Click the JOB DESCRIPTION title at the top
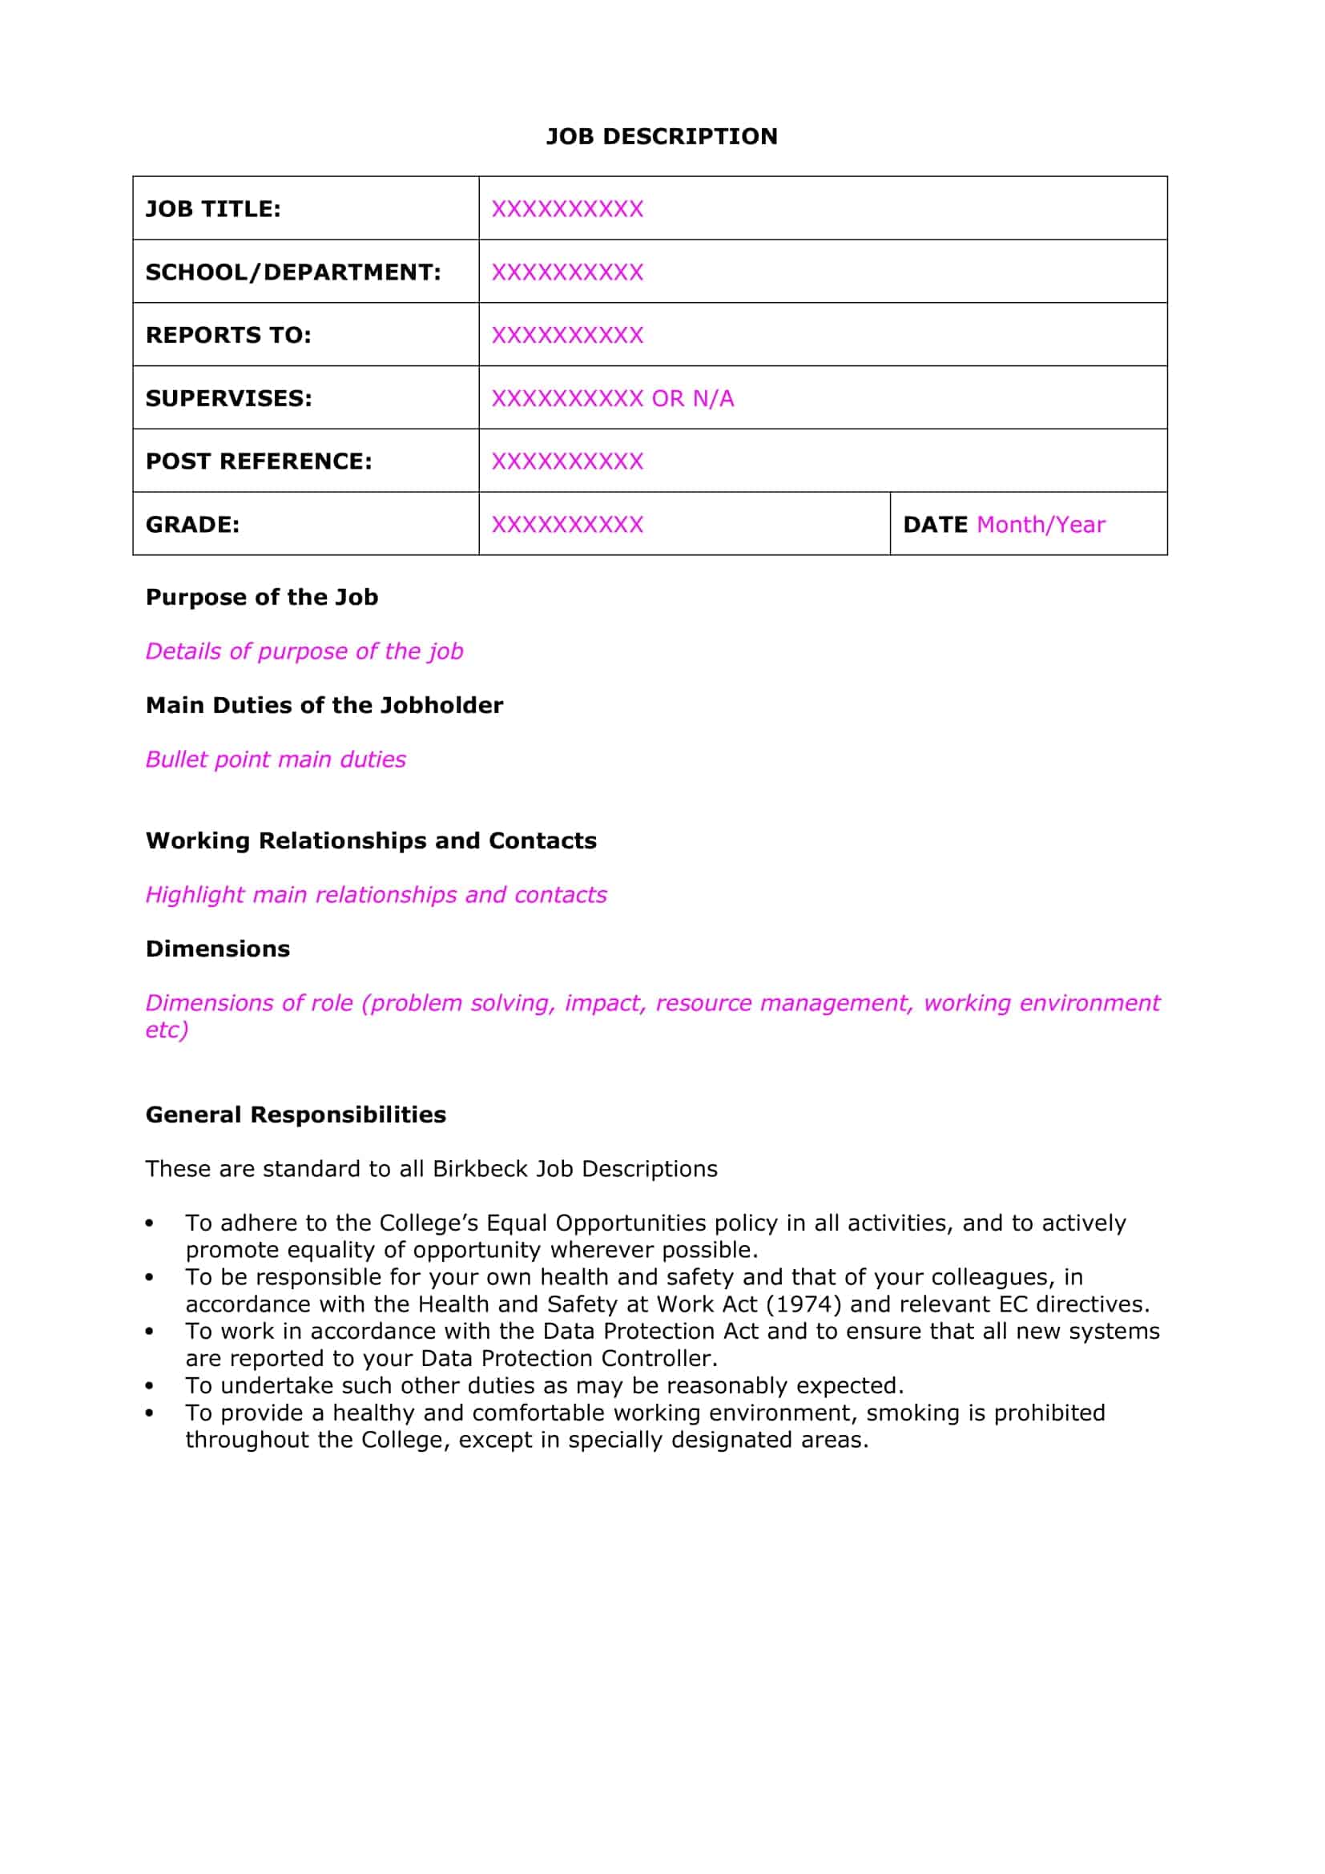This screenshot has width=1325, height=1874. coord(661,136)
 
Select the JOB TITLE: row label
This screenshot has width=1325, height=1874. coord(213,209)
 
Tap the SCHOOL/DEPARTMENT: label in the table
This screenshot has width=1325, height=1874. coord(293,272)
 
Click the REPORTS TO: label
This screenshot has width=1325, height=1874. coord(228,336)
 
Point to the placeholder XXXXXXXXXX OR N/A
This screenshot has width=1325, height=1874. coord(612,398)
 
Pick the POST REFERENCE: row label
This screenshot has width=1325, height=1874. coord(259,461)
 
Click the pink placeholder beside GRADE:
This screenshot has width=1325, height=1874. coord(567,524)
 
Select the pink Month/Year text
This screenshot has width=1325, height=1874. coord(1041,524)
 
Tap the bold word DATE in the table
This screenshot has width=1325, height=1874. coord(935,524)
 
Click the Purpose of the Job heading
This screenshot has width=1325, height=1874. coord(262,597)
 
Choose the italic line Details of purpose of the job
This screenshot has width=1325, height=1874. coord(304,651)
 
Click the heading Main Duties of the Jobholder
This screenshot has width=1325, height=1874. coord(324,705)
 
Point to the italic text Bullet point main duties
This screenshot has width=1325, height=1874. coord(276,759)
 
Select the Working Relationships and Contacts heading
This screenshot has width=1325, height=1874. coord(371,840)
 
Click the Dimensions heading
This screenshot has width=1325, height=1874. coord(218,949)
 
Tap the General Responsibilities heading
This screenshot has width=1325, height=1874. coord(296,1115)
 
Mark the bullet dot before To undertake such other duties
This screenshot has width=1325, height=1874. coord(149,1386)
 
